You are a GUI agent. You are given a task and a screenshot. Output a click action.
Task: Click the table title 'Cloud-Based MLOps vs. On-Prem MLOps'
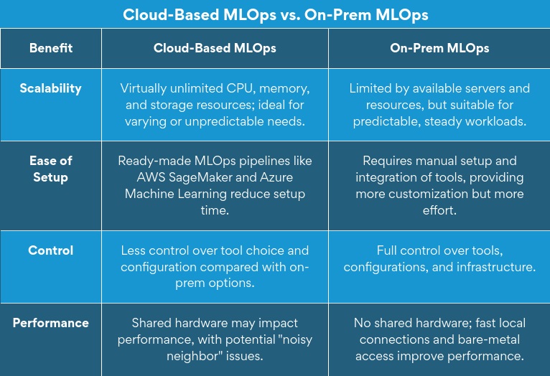pyautogui.click(x=275, y=14)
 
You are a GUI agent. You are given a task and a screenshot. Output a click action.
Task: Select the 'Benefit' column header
pyautogui.click(x=51, y=48)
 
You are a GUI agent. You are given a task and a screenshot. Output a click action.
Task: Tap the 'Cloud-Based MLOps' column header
pyautogui.click(x=215, y=48)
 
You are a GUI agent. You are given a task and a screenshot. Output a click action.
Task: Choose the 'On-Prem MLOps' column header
pyautogui.click(x=439, y=48)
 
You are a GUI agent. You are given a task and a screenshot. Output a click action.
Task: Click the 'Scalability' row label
pyautogui.click(x=51, y=88)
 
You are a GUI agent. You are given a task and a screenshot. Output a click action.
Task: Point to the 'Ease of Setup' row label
pyautogui.click(x=51, y=169)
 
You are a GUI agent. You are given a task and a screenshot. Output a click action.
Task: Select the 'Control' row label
pyautogui.click(x=51, y=250)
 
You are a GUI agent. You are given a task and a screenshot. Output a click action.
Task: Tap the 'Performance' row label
pyautogui.click(x=51, y=323)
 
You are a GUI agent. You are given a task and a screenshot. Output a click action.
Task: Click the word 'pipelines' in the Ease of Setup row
pyautogui.click(x=259, y=161)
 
